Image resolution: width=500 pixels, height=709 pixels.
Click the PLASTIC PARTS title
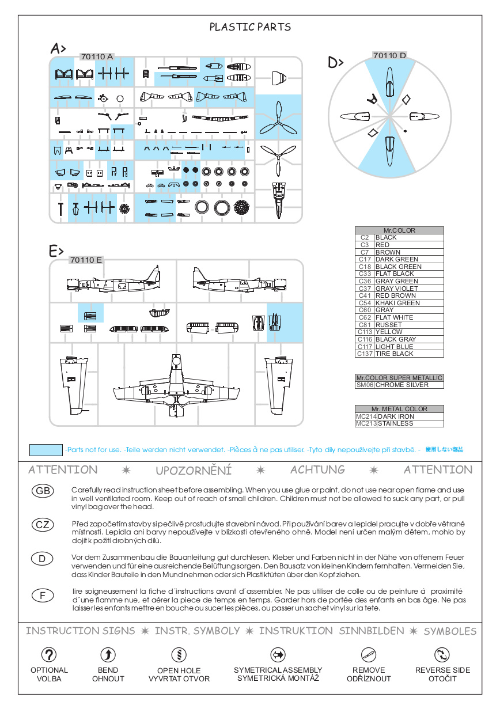click(250, 27)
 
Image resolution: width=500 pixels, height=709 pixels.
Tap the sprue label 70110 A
click(97, 56)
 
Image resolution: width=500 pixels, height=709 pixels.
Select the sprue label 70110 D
click(389, 55)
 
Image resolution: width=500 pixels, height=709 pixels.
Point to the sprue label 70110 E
click(85, 260)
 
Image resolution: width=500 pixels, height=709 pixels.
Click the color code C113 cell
click(365, 332)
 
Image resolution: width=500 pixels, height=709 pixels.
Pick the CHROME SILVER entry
click(401, 385)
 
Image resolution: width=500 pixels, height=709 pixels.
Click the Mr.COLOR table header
click(399, 230)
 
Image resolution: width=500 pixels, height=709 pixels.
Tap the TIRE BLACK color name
click(394, 354)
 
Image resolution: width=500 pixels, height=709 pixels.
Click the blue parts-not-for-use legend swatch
click(46, 450)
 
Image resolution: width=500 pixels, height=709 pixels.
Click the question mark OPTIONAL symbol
click(49, 654)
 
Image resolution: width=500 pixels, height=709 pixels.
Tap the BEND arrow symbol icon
click(108, 654)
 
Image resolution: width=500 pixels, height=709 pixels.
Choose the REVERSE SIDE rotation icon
click(442, 654)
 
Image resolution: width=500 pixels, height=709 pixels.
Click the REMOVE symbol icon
click(369, 654)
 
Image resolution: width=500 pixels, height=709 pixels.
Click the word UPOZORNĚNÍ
click(194, 471)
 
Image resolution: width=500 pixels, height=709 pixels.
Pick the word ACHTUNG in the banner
click(317, 470)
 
